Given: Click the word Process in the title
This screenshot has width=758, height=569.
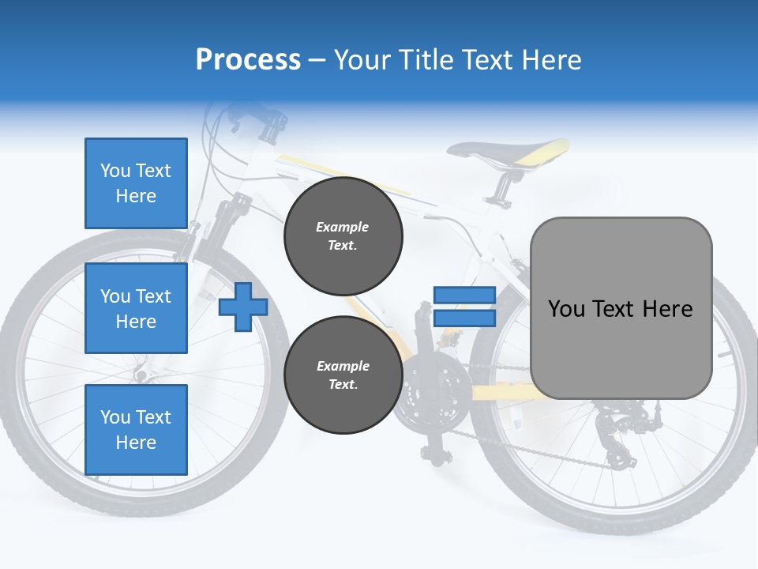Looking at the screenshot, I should (248, 59).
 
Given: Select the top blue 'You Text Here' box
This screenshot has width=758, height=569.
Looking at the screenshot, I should (136, 183).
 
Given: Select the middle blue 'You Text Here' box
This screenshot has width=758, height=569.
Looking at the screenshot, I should (136, 308).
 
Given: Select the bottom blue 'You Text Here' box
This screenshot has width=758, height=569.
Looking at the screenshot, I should (136, 429).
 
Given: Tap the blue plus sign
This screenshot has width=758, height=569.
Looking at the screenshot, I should (242, 307).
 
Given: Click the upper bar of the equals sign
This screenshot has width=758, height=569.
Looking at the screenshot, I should (464, 295).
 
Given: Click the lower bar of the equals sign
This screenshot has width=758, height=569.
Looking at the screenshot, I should (464, 318).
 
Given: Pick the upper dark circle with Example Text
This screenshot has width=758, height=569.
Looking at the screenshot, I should (343, 236).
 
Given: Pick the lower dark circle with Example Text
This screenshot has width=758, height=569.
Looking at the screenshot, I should (343, 375).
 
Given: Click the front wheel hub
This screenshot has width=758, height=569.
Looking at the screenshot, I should (143, 371).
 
